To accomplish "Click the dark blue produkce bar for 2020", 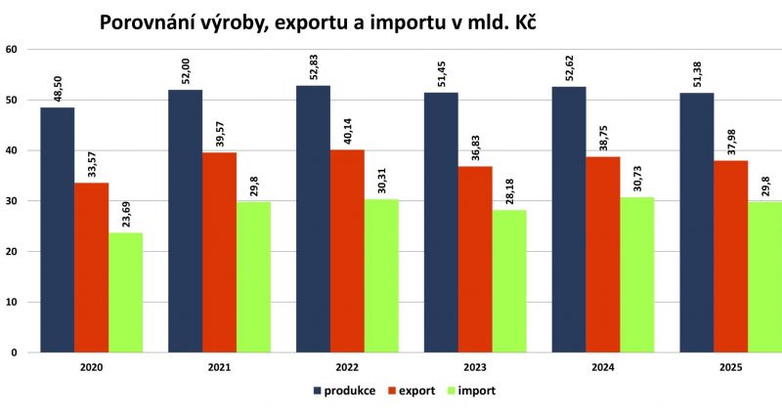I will coord(57,229).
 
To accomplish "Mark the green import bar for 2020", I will coord(125,293).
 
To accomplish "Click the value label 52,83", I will coord(315,68).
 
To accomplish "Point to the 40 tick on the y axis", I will coord(11,150).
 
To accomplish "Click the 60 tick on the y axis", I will coord(11,49).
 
